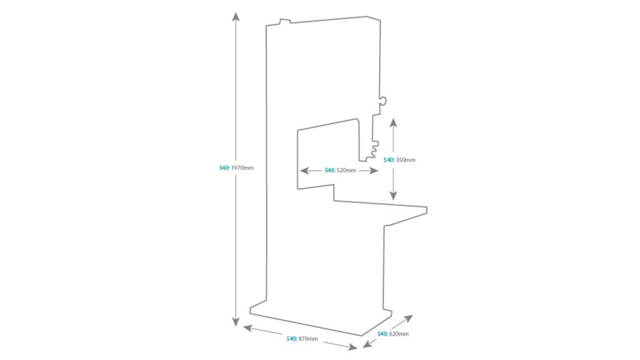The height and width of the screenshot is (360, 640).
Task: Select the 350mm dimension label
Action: [x=405, y=160]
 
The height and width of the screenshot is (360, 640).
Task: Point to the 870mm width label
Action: [x=308, y=339]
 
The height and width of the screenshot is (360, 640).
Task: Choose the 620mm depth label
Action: [x=398, y=334]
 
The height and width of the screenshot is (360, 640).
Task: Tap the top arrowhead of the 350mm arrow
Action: [x=393, y=121]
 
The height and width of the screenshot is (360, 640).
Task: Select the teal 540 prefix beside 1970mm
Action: [x=224, y=168]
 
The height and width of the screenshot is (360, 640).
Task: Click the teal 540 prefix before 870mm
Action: [x=291, y=339]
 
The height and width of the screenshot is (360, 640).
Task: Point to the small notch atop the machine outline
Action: [x=284, y=22]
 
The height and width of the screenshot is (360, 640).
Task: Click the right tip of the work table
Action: [x=426, y=208]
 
